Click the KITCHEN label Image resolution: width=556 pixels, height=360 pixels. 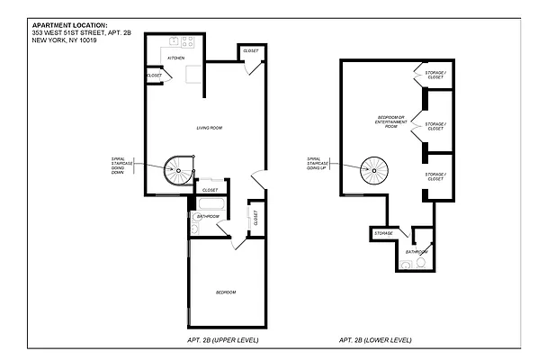pyautogui.click(x=175, y=58)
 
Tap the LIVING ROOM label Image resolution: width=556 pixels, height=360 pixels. pyautogui.click(x=209, y=128)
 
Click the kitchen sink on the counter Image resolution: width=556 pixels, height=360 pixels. pyautogui.click(x=166, y=42)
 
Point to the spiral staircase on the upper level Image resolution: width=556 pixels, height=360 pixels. pyautogui.click(x=177, y=168)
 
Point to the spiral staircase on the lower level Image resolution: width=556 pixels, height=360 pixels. pyautogui.click(x=372, y=167)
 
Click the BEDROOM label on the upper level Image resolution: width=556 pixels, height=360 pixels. pyautogui.click(x=225, y=293)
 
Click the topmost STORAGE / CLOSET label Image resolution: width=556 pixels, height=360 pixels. pyautogui.click(x=435, y=76)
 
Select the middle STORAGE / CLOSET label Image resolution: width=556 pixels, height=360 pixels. pyautogui.click(x=435, y=126)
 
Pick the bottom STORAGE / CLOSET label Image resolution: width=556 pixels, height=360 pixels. pyautogui.click(x=435, y=176)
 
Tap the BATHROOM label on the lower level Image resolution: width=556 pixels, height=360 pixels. pyautogui.click(x=416, y=252)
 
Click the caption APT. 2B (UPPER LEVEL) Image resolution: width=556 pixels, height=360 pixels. pyautogui.click(x=213, y=340)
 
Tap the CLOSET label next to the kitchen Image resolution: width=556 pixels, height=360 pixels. pyautogui.click(x=155, y=76)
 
